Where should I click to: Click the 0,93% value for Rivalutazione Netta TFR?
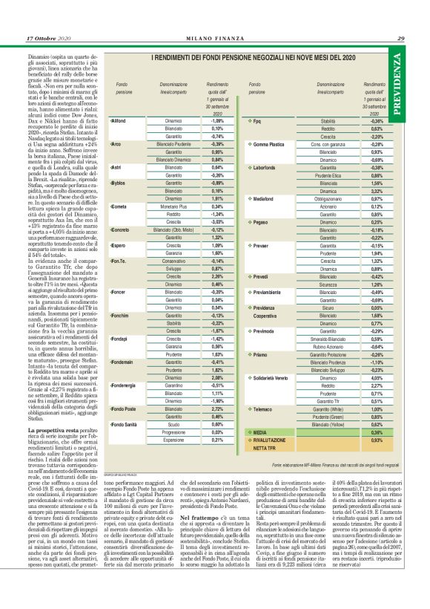375,440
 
